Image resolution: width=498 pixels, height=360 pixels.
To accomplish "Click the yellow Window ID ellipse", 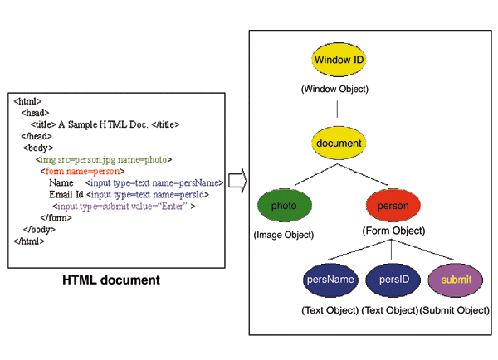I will coord(339,61).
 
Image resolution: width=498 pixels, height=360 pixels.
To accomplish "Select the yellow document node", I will coord(339,144).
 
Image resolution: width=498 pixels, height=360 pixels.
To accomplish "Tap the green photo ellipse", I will coord(285,206).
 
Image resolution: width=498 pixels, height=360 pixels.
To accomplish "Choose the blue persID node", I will coord(391,280).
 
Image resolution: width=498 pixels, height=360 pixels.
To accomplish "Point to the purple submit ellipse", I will coord(455,280).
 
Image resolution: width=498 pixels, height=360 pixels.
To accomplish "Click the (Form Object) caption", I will coord(393,231).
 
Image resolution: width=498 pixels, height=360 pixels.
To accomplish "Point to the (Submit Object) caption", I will coord(455,309).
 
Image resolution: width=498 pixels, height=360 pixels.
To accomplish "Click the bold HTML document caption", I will coord(111,280).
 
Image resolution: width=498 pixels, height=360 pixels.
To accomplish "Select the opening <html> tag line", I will coord(28,100).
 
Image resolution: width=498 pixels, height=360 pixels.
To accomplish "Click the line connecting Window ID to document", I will coord(338,108).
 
